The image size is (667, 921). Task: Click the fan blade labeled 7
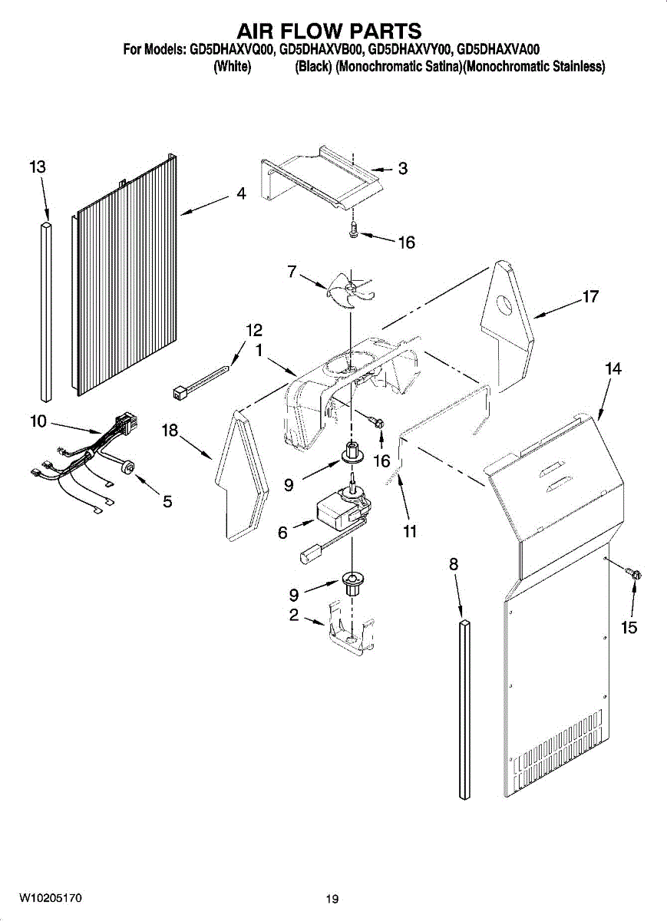[350, 291]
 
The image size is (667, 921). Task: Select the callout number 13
[38, 167]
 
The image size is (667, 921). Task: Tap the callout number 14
[613, 369]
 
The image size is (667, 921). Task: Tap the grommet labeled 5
[127, 467]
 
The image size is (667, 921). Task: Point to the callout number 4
[241, 195]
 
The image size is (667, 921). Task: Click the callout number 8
[453, 564]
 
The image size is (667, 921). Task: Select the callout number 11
[409, 531]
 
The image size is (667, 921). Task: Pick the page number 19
[331, 899]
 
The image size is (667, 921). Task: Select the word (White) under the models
[232, 67]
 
